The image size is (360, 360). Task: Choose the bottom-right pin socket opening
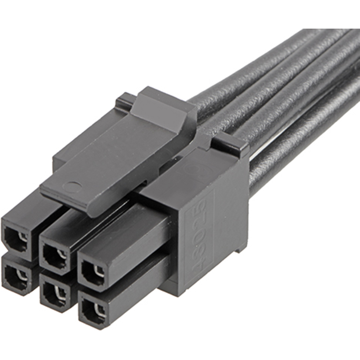(92, 311)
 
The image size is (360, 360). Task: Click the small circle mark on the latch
(72, 187)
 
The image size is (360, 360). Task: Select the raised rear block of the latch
(163, 106)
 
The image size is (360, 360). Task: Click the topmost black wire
(260, 61)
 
